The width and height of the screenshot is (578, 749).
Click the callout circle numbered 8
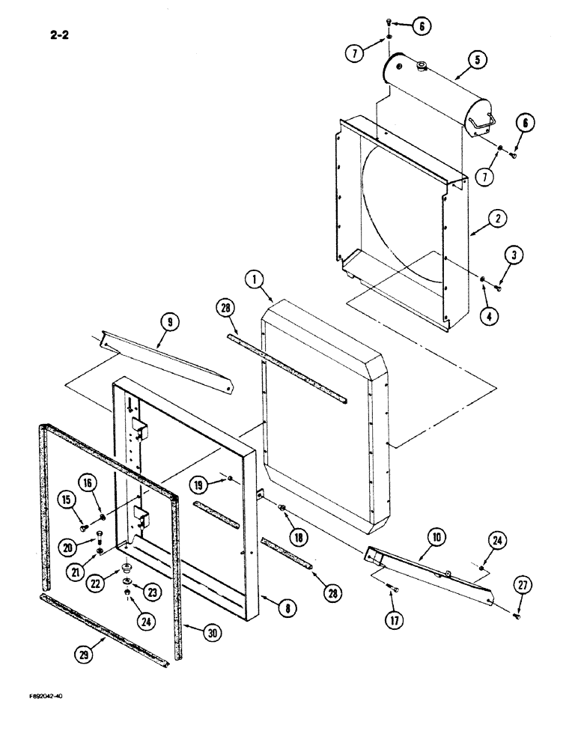click(x=283, y=609)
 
